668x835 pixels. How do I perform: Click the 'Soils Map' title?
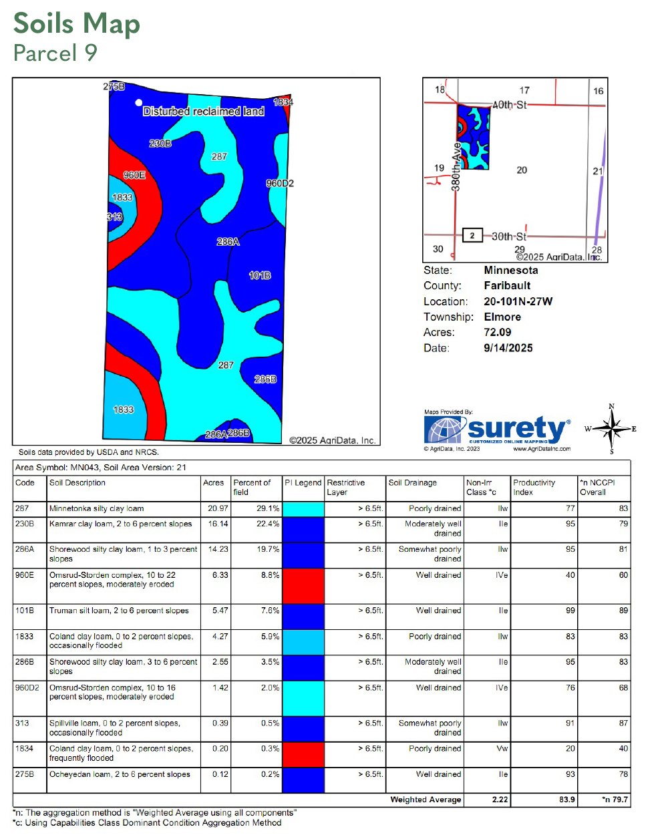pyautogui.click(x=77, y=24)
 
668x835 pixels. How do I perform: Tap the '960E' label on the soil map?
pyautogui.click(x=134, y=175)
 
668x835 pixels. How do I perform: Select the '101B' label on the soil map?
pyautogui.click(x=260, y=275)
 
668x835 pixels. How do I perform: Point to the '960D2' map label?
pyautogui.click(x=280, y=183)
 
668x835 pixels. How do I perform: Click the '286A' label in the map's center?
pyautogui.click(x=228, y=242)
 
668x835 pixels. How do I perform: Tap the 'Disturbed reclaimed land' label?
pyautogui.click(x=204, y=112)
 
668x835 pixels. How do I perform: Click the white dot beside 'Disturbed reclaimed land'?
pyautogui.click(x=139, y=103)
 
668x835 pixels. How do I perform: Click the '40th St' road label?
pyautogui.click(x=510, y=105)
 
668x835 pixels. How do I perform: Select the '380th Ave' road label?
pyautogui.click(x=456, y=167)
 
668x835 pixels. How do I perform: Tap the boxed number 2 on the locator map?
pyautogui.click(x=472, y=235)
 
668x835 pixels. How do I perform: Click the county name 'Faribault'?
pyautogui.click(x=507, y=286)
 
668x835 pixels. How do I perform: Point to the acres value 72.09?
pyautogui.click(x=498, y=333)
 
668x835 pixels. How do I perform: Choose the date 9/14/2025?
pyautogui.click(x=508, y=348)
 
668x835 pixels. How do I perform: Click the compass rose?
pyautogui.click(x=611, y=429)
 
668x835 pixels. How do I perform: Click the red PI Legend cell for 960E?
pyautogui.click(x=303, y=587)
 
